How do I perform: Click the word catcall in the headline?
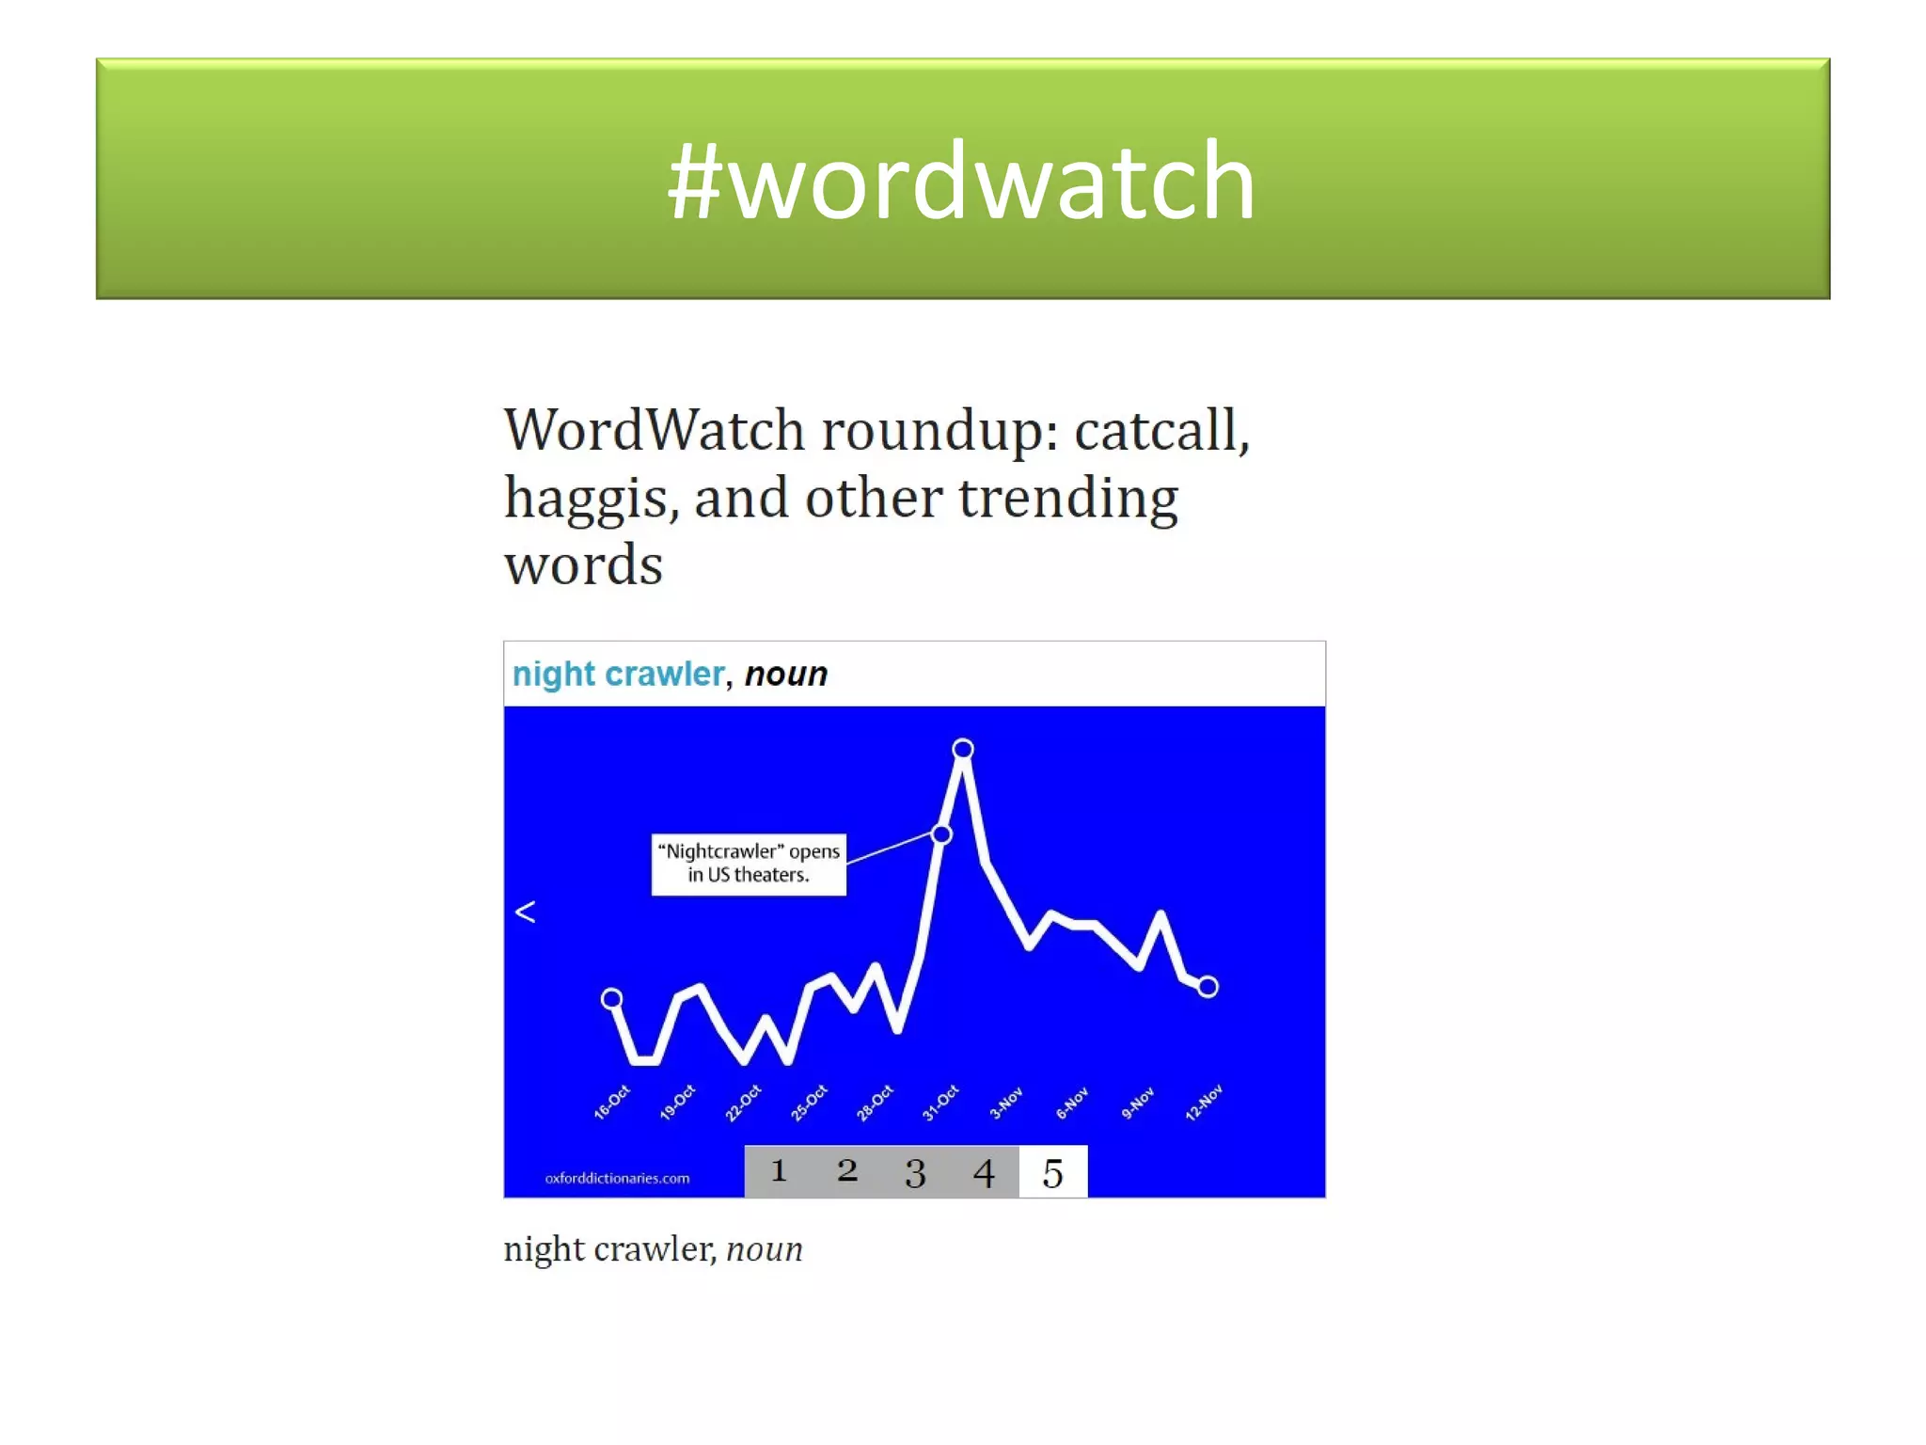(x=1160, y=431)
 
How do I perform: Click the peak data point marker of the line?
(x=963, y=749)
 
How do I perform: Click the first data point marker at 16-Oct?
(x=612, y=998)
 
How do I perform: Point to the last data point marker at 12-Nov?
(x=1208, y=987)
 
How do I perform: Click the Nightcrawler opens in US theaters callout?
(x=749, y=864)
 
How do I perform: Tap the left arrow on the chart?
(x=526, y=912)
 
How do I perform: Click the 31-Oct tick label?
(x=940, y=1103)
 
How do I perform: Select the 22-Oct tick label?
(x=743, y=1104)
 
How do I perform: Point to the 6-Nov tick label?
(x=1072, y=1104)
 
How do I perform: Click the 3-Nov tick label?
(x=1006, y=1104)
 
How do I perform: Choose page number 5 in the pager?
(x=1053, y=1173)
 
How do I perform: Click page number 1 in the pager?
(x=779, y=1171)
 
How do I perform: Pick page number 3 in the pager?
(x=915, y=1173)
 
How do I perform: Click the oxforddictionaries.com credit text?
(x=617, y=1178)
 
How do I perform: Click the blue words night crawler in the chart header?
(x=618, y=675)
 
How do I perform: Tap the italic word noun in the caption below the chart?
(x=765, y=1249)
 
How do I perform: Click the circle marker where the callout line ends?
(x=941, y=834)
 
